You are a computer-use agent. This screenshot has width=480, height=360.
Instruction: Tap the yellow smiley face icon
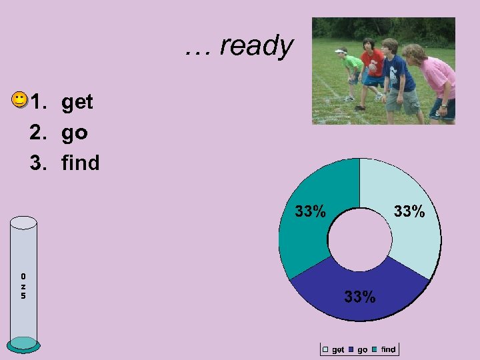[x=20, y=101]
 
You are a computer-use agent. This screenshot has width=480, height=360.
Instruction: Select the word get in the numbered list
[x=77, y=102]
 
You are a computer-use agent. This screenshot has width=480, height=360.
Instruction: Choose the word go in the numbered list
[x=75, y=133]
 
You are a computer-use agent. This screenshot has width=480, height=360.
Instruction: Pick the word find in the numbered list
[x=81, y=162]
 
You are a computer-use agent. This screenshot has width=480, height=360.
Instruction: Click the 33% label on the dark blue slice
[x=360, y=297]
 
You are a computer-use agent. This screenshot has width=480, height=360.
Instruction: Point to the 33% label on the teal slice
[x=311, y=212]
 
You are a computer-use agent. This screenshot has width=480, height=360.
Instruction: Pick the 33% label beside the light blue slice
[x=409, y=212]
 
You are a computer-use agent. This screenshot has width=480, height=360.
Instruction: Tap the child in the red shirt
[x=372, y=67]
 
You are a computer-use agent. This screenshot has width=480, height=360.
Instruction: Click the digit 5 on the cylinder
[x=23, y=295]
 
